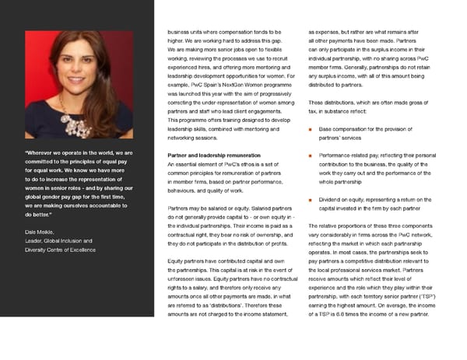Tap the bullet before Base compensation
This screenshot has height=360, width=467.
coord(311,128)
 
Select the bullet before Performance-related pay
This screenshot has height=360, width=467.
coord(311,156)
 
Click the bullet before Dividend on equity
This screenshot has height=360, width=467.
coord(311,201)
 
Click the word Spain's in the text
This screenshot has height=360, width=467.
coord(211,84)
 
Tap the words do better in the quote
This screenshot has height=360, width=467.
coord(37,215)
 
